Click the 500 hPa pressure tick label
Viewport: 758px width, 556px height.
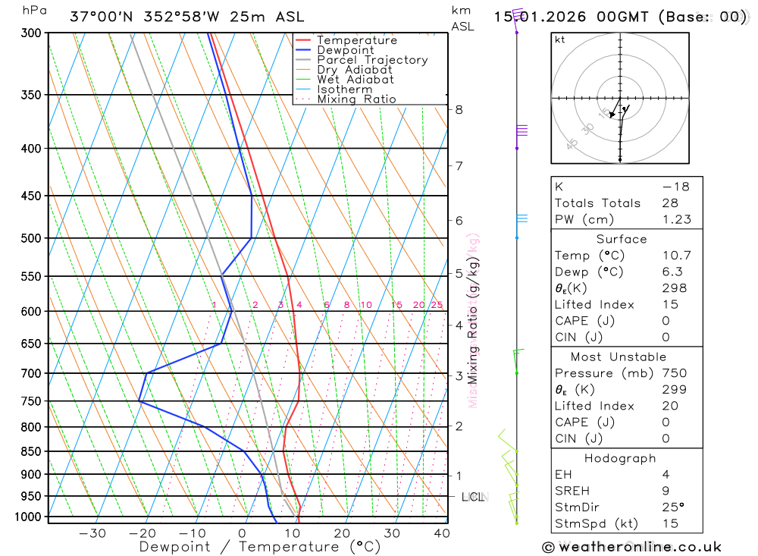click(x=32, y=238)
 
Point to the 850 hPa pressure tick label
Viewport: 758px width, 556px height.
click(x=32, y=452)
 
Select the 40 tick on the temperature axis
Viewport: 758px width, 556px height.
click(x=440, y=533)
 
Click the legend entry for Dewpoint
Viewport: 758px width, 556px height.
click(x=345, y=50)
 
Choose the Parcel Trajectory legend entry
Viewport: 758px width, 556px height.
click(x=372, y=60)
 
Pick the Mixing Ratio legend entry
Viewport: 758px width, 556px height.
click(x=356, y=99)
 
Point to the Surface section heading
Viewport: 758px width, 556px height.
click(x=622, y=239)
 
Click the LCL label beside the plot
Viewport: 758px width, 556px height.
click(x=474, y=497)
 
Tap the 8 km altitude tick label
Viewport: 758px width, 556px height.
click(x=459, y=109)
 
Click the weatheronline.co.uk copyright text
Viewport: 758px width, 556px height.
click(x=631, y=547)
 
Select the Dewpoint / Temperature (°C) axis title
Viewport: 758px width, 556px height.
click(x=260, y=547)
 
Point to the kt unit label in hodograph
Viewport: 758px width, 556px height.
click(x=560, y=39)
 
